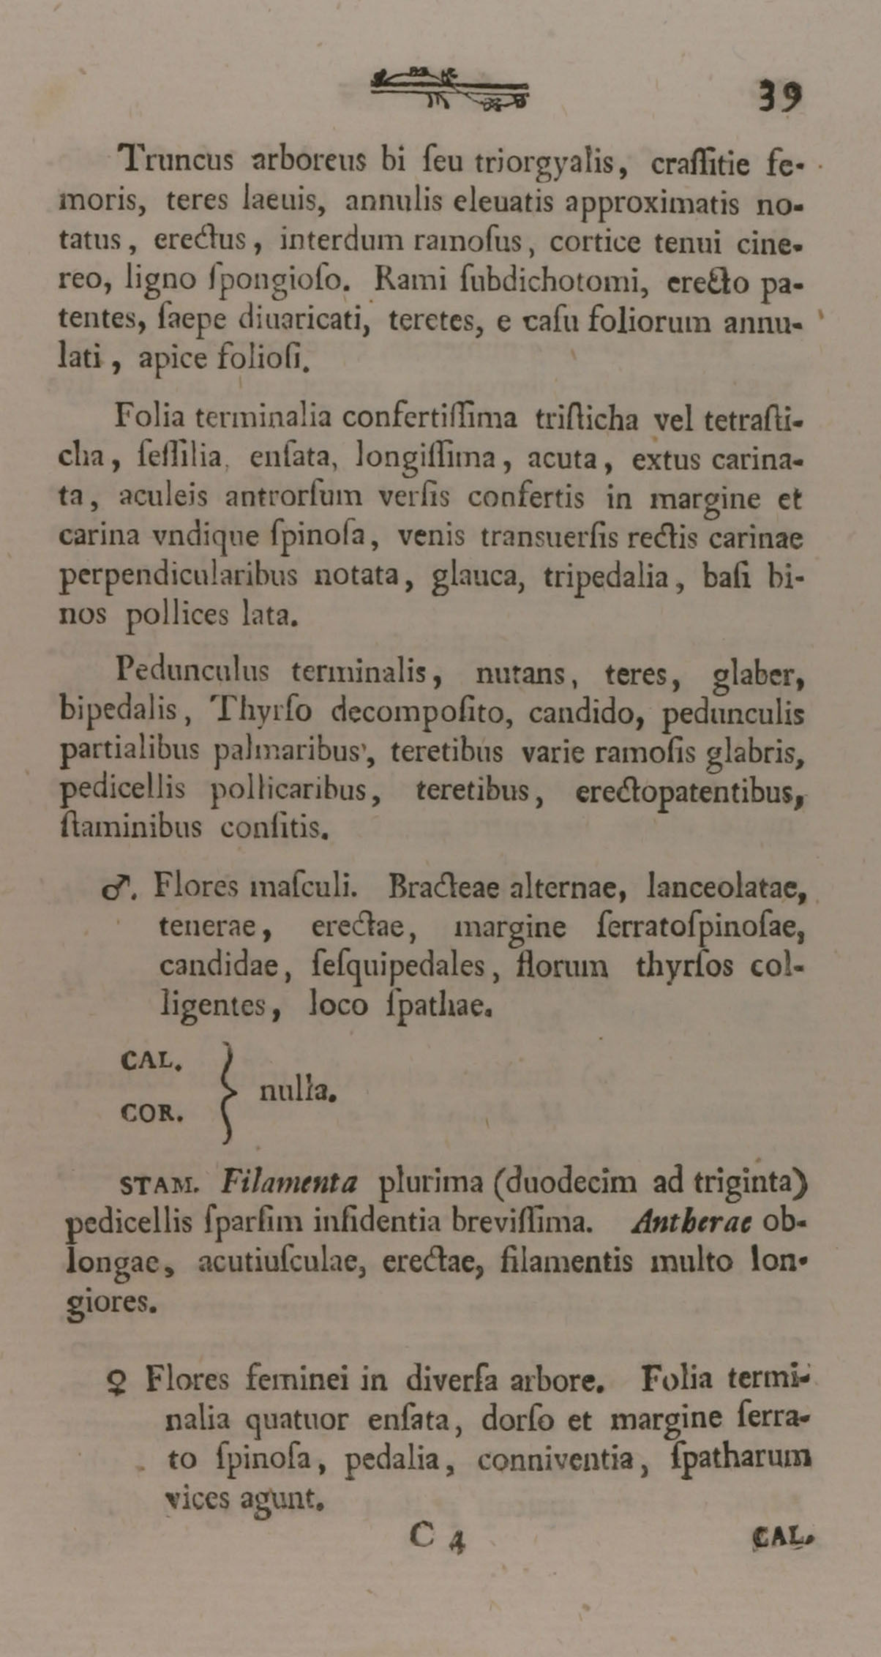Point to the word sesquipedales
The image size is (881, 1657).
pyautogui.click(x=400, y=969)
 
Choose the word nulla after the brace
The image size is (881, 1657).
pyautogui.click(x=297, y=1092)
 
